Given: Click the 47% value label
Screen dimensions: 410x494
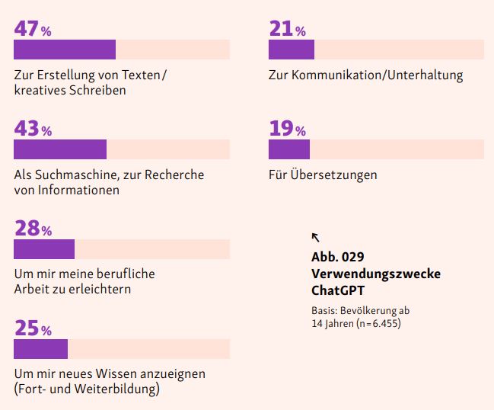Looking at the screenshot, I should coord(33,28).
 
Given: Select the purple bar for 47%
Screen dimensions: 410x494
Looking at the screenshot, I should coord(65,50).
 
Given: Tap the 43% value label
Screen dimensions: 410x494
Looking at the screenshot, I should coord(33,128).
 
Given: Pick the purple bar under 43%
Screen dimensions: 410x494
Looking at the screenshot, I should coord(60,149).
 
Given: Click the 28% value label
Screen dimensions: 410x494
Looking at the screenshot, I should coord(33,228).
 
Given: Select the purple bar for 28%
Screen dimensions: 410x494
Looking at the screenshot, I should coord(44,249).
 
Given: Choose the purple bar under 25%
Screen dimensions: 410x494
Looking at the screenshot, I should coord(41,349).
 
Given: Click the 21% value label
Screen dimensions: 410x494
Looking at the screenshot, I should coord(287,28).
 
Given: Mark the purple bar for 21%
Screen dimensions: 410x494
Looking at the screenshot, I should coord(292,50).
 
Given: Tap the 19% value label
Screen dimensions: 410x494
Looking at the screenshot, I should coord(287,128).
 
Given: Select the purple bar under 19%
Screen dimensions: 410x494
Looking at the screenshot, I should coord(289,149).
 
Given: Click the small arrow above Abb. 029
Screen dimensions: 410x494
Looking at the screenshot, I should coord(316,237).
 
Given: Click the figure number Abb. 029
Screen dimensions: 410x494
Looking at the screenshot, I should coord(343,257).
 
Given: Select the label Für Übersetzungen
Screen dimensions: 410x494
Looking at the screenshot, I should coord(323,175).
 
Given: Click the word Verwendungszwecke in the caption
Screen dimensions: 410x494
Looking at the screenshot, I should coord(375,274).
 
